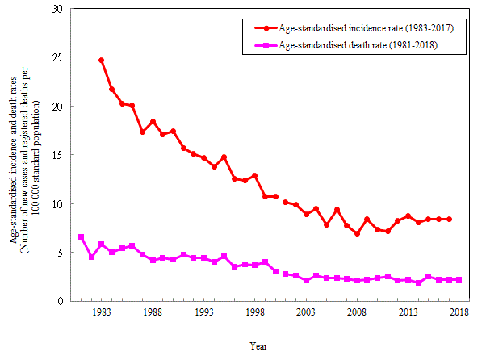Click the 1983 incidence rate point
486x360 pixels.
(x=101, y=61)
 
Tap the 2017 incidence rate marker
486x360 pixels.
(x=449, y=220)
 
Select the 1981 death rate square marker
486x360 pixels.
(x=81, y=237)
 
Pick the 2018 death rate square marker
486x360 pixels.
(x=459, y=280)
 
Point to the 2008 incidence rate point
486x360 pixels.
(x=357, y=234)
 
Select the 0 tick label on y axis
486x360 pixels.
(x=59, y=301)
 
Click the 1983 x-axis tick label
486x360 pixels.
(x=101, y=312)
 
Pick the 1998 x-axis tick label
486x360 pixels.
(x=254, y=312)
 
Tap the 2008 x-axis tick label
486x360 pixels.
(x=357, y=312)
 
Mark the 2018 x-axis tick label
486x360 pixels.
(x=459, y=312)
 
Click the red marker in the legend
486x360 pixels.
(x=261, y=28)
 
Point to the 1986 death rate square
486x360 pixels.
(x=132, y=246)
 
